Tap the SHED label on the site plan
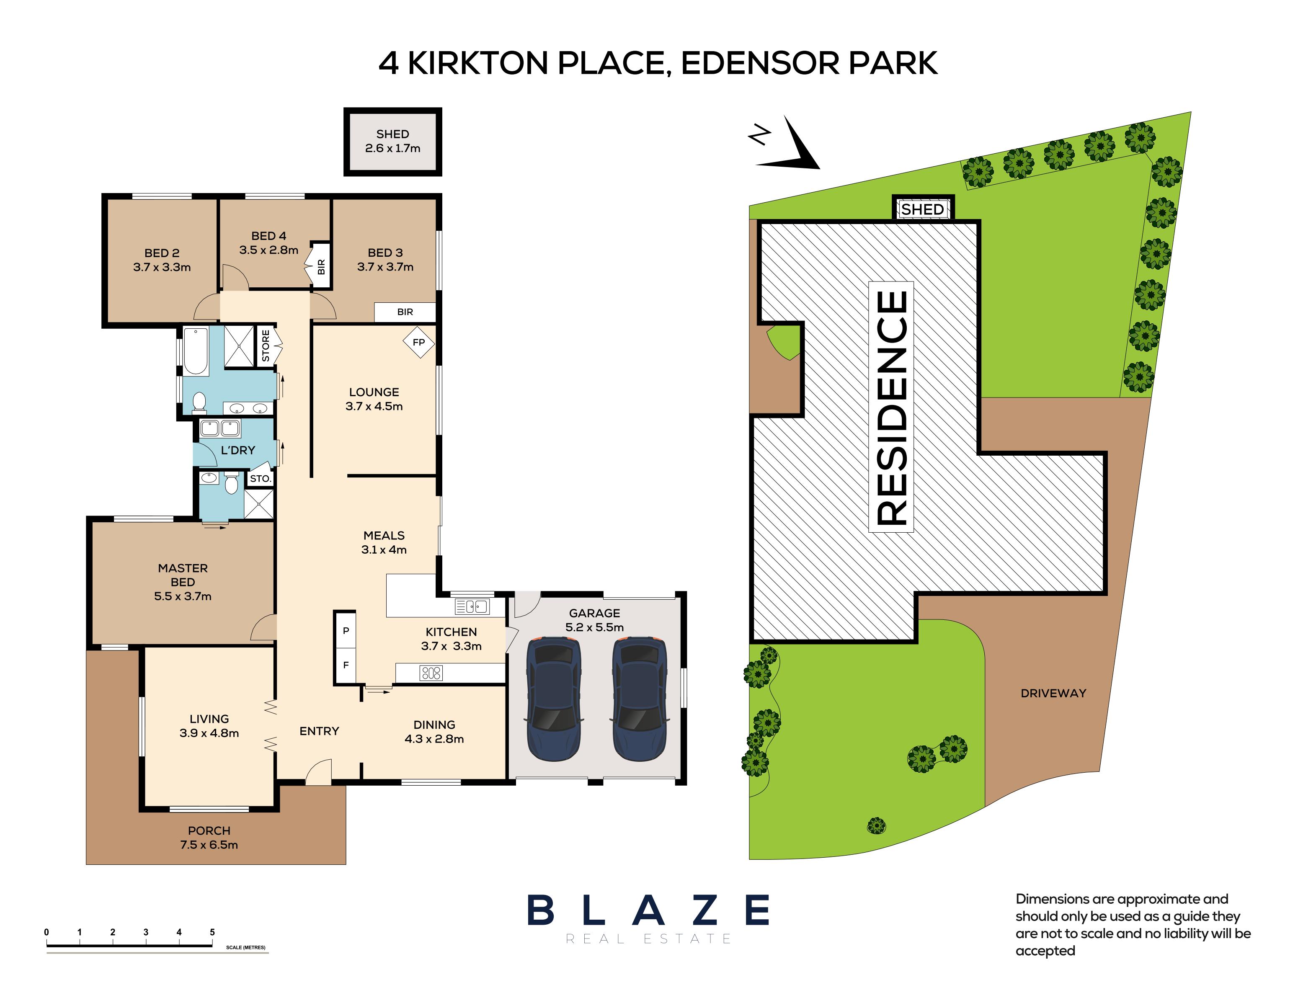[922, 209]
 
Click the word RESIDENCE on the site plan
[891, 407]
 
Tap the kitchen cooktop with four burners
[431, 673]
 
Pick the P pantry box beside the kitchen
[345, 631]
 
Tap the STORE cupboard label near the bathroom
[266, 346]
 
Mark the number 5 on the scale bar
[212, 932]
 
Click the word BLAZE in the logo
[648, 910]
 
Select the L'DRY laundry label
[237, 450]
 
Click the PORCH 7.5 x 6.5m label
[209, 838]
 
